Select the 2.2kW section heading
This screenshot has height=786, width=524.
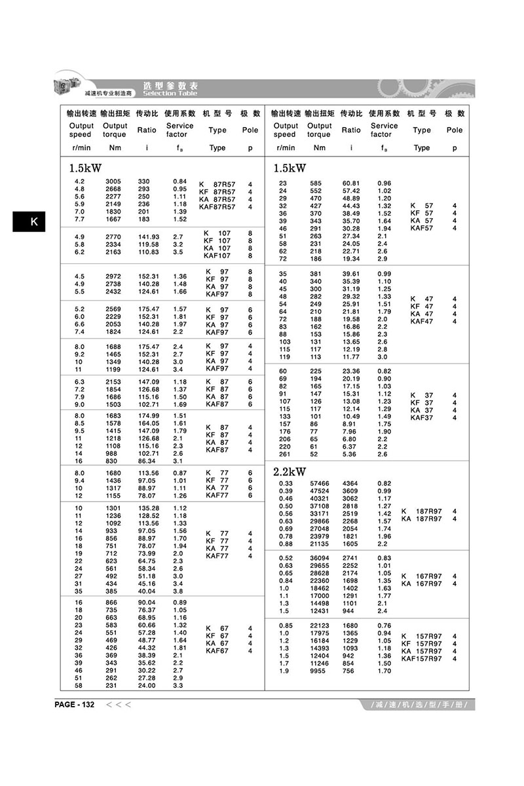290,472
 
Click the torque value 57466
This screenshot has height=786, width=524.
319,483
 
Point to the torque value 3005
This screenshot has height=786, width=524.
113,181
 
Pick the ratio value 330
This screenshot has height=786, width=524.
143,181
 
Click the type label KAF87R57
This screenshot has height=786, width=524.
217,207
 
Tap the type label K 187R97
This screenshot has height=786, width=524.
422,511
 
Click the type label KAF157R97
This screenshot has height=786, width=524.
422,658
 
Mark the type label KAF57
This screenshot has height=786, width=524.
422,228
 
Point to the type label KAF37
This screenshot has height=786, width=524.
422,417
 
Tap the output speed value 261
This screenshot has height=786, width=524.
284,454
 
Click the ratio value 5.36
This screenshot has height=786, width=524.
350,454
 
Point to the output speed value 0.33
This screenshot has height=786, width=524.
286,483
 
